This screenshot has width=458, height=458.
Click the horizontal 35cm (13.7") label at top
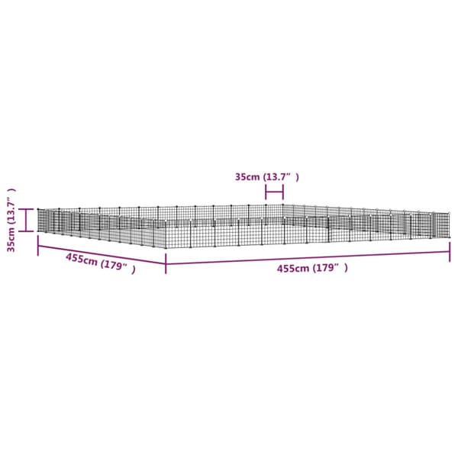(x=267, y=177)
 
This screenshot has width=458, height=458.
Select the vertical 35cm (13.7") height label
(x=11, y=220)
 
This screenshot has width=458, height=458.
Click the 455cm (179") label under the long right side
(x=312, y=268)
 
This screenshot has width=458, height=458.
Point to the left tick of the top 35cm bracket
(x=266, y=192)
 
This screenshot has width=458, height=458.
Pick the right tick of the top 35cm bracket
(x=282, y=192)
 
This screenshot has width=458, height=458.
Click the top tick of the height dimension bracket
(x=26, y=209)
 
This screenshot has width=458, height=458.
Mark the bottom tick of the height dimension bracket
(x=26, y=231)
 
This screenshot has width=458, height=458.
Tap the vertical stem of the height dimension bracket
(x=26, y=221)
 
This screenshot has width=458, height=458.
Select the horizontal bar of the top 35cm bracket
(x=274, y=192)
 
